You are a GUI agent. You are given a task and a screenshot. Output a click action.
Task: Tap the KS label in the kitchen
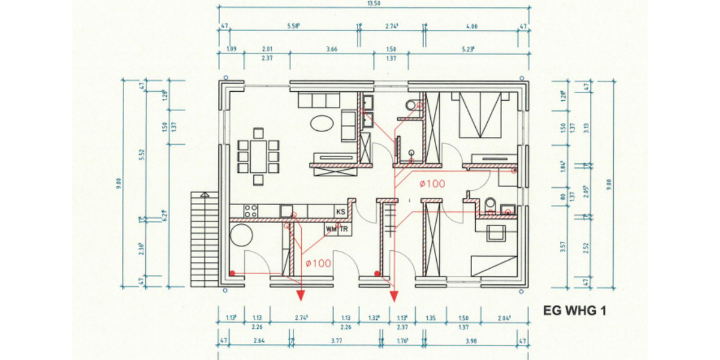pyautogui.click(x=341, y=212)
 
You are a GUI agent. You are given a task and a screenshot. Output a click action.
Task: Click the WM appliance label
pyautogui.click(x=331, y=229)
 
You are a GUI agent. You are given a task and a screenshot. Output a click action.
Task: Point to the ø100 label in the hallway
pyautogui.click(x=432, y=184)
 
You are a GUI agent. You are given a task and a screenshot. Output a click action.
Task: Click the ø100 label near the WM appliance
pyautogui.click(x=318, y=263)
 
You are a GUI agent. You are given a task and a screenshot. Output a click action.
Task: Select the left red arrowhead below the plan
pyautogui.click(x=301, y=294)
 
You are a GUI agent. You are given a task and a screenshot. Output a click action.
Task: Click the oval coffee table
pyautogui.click(x=323, y=123)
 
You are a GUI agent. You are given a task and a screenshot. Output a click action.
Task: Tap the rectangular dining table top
pyautogui.click(x=259, y=156)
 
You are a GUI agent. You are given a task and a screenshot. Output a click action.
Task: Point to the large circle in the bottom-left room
pyautogui.click(x=241, y=234)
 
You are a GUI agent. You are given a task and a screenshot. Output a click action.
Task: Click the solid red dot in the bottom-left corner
pyautogui.click(x=232, y=274)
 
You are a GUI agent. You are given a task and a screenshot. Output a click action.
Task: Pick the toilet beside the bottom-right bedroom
pyautogui.click(x=489, y=203)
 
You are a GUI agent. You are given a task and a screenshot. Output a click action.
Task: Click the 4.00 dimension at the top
pyautogui.click(x=472, y=26)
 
